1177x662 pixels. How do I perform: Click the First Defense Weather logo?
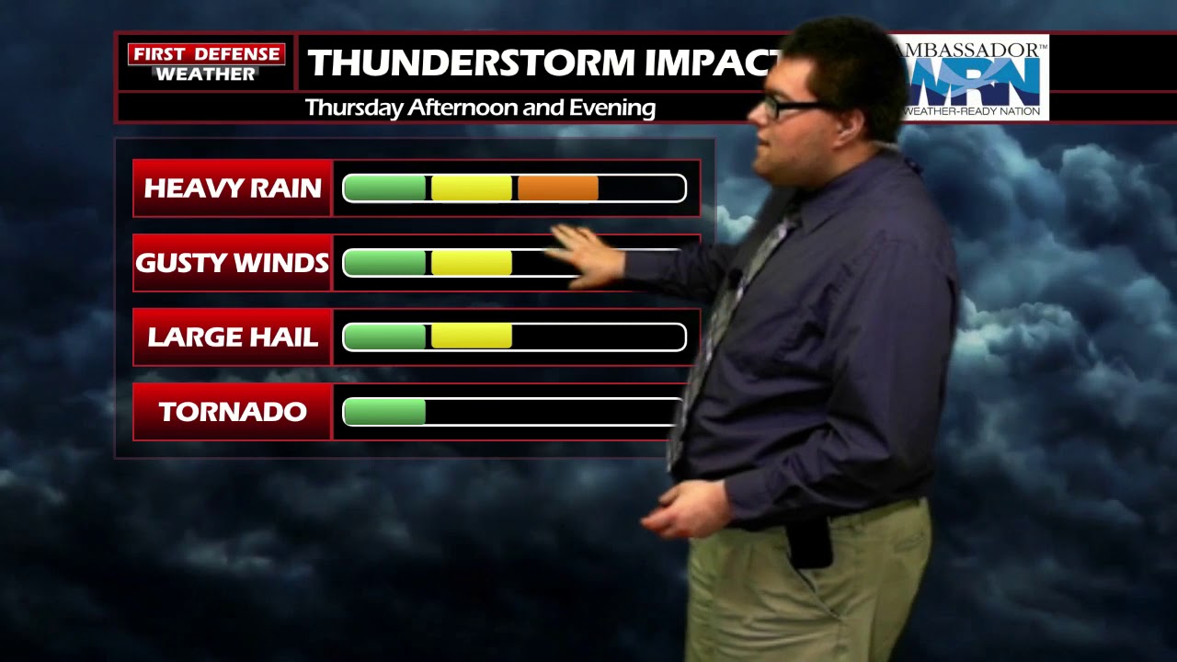coord(206,63)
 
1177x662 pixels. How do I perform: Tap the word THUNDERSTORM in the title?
coord(471,63)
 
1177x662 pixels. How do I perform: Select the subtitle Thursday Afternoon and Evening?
coord(480,108)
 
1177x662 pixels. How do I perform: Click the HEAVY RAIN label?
coord(233,188)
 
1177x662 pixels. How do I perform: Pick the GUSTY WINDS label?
coord(233,263)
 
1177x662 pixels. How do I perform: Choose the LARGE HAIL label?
coord(233,337)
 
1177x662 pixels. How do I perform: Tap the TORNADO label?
coord(233,412)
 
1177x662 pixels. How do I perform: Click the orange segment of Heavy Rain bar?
coord(558,188)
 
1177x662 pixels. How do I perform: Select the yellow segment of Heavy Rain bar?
coord(472,188)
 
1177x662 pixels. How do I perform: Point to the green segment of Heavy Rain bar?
coord(385,188)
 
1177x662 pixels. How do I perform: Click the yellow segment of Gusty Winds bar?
coord(472,263)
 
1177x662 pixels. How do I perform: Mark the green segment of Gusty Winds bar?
coord(385,263)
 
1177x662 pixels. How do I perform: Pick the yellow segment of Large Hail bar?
coord(472,337)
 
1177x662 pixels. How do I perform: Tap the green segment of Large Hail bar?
coord(385,337)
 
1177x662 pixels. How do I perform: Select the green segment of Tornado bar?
coord(384,412)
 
